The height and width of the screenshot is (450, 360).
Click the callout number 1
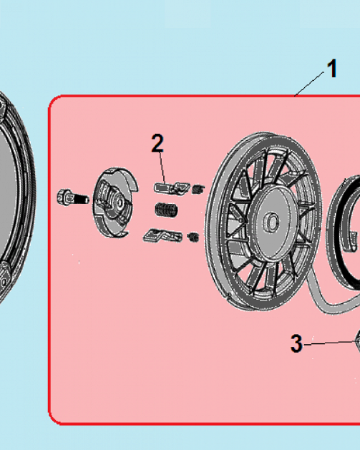(332, 68)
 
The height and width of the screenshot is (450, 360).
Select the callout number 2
(157, 143)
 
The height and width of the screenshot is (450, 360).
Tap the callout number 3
(296, 343)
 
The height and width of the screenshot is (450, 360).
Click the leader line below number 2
(162, 168)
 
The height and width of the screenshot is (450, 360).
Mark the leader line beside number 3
(329, 342)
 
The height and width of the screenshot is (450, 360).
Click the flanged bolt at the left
(73, 198)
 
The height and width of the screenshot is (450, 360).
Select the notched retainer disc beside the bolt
(115, 202)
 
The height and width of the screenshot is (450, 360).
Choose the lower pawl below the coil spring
(162, 236)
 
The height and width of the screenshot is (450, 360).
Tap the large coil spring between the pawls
(166, 210)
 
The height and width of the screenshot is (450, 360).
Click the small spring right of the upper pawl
(198, 189)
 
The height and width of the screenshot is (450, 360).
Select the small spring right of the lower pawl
(193, 237)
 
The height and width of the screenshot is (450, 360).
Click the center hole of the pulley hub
(272, 221)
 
